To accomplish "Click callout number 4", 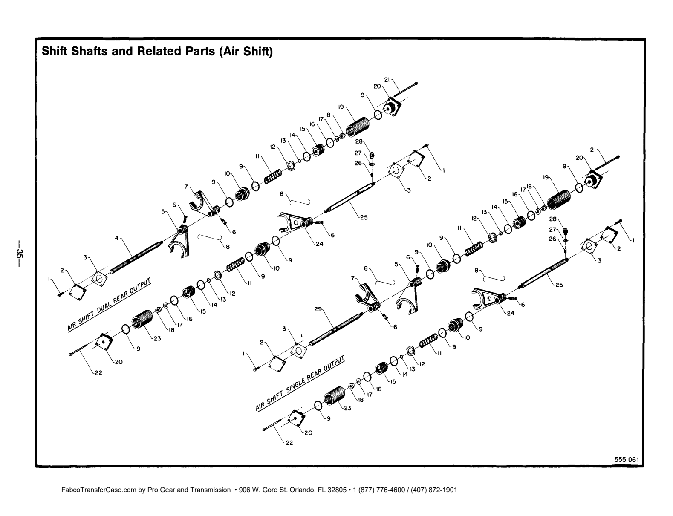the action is pyautogui.click(x=117, y=238).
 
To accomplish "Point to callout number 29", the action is pyautogui.click(x=318, y=309).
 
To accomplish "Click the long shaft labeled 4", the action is pyautogui.click(x=136, y=257).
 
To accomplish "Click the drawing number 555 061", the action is pyautogui.click(x=627, y=459).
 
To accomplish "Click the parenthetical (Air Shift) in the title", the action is pyautogui.click(x=246, y=52).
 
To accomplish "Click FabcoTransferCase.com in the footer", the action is pyautogui.click(x=99, y=490).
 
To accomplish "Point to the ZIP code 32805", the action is pyautogui.click(x=337, y=490).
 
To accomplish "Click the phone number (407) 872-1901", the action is pyautogui.click(x=434, y=490).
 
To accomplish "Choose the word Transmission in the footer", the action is pyautogui.click(x=210, y=490).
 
